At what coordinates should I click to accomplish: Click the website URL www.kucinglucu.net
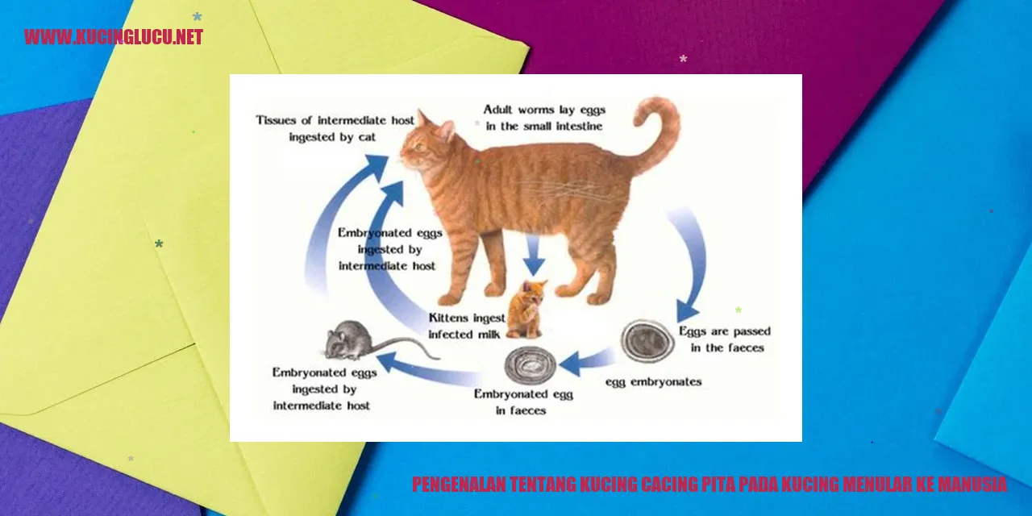tap(114, 37)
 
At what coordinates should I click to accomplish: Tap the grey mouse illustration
tap(350, 340)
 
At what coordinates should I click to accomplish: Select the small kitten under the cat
tap(526, 309)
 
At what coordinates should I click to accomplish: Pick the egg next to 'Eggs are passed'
tap(647, 342)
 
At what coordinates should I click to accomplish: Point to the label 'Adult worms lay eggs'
tap(544, 110)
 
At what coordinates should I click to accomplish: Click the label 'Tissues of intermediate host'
tap(335, 121)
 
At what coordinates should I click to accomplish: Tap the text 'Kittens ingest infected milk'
tap(466, 327)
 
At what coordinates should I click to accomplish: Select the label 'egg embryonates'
tap(653, 382)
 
